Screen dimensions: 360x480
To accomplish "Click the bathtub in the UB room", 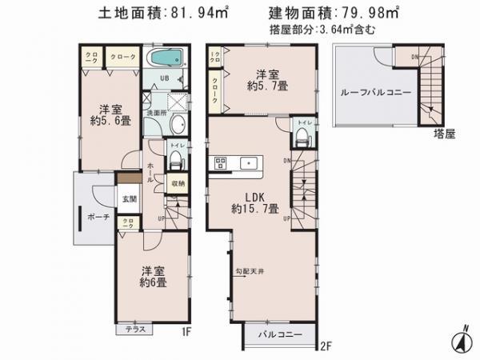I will (166, 60).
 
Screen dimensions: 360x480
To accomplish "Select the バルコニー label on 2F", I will (278, 335).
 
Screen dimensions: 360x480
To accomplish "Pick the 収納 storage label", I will (178, 183).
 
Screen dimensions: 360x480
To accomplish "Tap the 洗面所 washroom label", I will (154, 113).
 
